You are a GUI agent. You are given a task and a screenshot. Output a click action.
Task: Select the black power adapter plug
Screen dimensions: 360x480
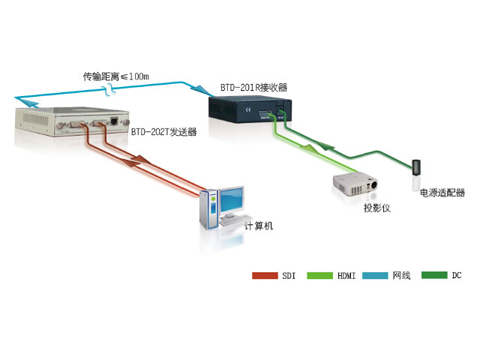click(415, 167)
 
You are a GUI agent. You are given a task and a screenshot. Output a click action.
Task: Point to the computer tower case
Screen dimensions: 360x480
click(207, 209)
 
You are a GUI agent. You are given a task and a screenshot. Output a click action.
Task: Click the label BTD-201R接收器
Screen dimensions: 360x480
click(253, 88)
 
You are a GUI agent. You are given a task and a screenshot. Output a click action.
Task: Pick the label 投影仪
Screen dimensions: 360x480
click(377, 208)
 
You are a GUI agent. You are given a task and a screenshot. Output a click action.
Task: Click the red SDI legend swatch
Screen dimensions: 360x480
click(265, 275)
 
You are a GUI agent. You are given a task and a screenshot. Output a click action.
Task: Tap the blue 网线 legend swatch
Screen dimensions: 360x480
click(375, 275)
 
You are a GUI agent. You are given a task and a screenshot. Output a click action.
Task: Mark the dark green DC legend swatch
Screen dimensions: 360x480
click(433, 275)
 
